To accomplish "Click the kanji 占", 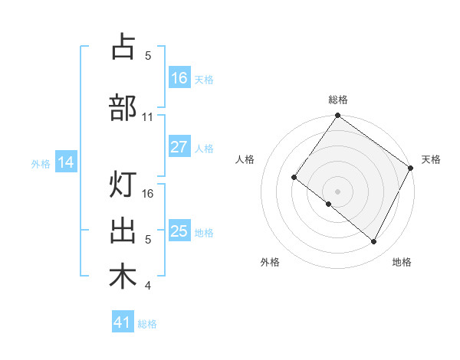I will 123,47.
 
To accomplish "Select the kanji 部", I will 123,108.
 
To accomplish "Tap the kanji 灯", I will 123,185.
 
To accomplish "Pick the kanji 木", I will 123,277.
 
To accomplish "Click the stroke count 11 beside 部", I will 148,117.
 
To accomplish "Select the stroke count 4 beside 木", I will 148,286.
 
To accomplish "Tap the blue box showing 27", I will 179,148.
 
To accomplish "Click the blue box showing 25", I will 179,232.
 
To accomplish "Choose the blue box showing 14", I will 66,162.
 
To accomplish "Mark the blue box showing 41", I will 123,323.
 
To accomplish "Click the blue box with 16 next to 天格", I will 179,79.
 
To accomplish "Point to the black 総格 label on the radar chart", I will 337,100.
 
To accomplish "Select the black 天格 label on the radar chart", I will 432,159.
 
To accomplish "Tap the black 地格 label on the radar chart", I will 402,262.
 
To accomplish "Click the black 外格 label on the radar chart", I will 270,262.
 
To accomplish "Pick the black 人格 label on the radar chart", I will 245,159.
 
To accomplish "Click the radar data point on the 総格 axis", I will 337,116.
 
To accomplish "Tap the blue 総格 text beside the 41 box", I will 147,324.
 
